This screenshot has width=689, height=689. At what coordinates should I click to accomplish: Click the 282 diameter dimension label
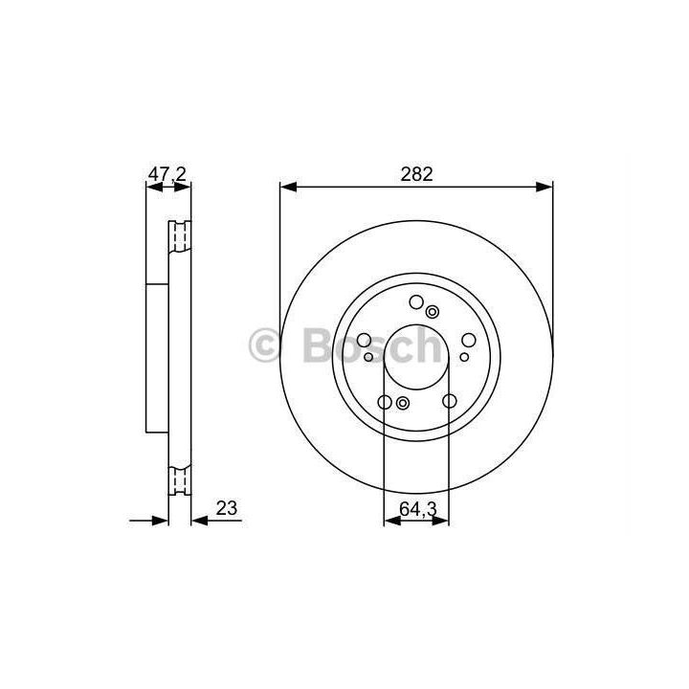coord(416,174)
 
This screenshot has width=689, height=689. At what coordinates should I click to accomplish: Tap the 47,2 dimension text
coord(167,174)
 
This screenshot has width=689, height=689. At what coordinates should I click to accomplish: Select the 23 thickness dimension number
coord(227,508)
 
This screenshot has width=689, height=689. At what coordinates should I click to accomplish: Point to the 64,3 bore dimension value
coord(418,509)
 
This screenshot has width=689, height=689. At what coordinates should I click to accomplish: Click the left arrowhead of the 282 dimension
coord(288,188)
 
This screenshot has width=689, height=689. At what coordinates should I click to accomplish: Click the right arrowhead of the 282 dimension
coord(544,188)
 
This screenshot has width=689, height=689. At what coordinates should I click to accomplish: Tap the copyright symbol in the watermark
coord(264,346)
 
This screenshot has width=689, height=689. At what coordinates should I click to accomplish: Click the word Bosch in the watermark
coord(371,345)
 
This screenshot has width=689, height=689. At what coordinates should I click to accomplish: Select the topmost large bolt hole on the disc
coord(416,301)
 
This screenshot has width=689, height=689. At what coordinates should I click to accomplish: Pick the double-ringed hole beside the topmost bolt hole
coord(433,312)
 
